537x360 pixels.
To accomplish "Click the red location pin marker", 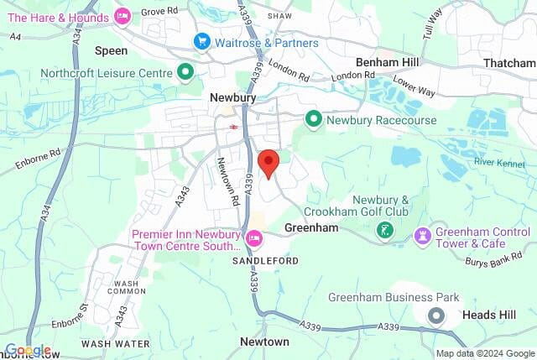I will (268, 161).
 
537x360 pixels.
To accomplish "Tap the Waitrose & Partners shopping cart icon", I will (201, 41).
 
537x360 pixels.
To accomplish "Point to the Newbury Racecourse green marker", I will (314, 120).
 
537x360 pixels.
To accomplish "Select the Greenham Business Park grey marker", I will (436, 316).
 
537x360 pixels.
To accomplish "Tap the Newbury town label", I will (232, 98).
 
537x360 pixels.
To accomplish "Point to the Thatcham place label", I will (509, 63).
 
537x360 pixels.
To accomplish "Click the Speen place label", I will (111, 51).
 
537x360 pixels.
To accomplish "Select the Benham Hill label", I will (388, 63).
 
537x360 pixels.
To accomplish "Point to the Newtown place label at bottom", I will (264, 342).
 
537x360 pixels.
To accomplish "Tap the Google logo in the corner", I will (28, 351).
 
